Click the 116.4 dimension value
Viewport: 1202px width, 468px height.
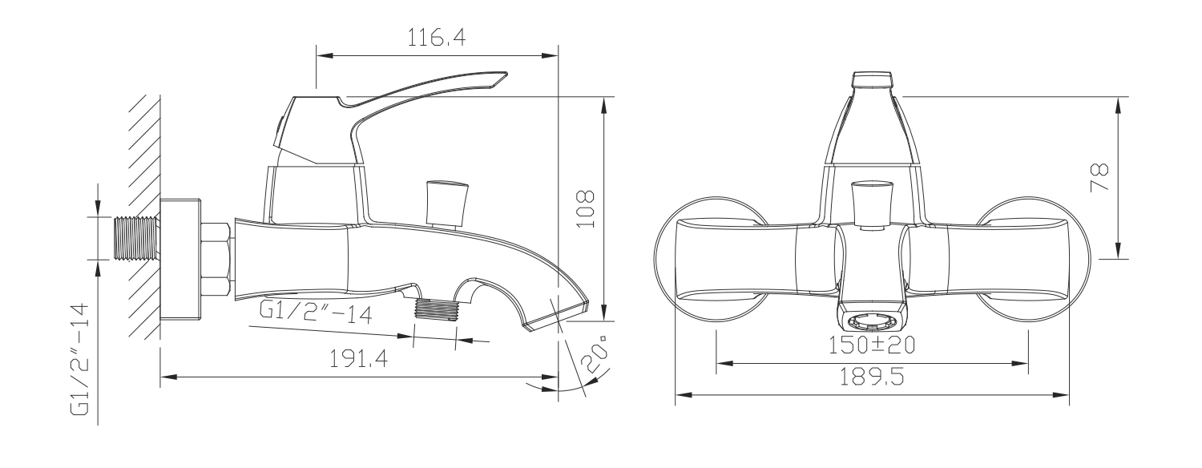[436, 38]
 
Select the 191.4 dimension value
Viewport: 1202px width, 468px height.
[358, 359]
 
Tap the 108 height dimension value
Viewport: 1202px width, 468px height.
[587, 209]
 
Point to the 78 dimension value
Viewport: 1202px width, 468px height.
[1099, 177]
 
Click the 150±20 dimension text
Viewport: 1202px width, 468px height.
[872, 345]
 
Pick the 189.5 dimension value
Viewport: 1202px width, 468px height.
[872, 377]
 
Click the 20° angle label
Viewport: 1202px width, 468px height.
[597, 354]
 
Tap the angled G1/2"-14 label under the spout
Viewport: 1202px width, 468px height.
[316, 313]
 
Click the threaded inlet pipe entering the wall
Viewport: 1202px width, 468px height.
[137, 239]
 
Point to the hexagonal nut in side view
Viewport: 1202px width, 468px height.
[217, 259]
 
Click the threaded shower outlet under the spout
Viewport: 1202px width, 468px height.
[437, 309]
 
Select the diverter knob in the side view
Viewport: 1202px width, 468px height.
[446, 203]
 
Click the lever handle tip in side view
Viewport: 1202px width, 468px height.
[502, 76]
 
